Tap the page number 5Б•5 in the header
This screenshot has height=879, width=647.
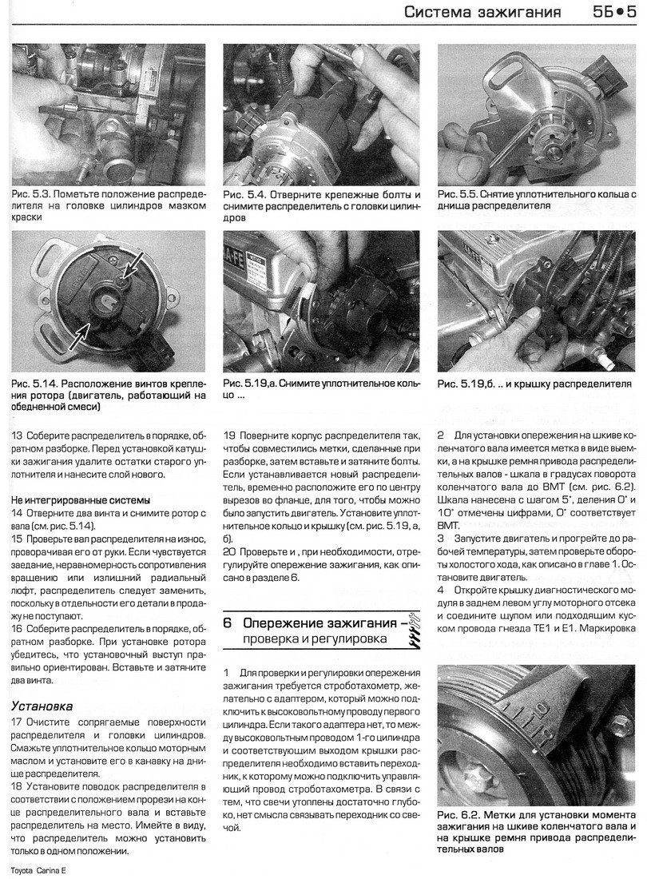click(x=613, y=13)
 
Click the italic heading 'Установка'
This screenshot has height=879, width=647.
click(x=42, y=706)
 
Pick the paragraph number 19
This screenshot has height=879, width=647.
click(x=229, y=436)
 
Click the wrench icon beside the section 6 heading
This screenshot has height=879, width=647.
click(x=413, y=630)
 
